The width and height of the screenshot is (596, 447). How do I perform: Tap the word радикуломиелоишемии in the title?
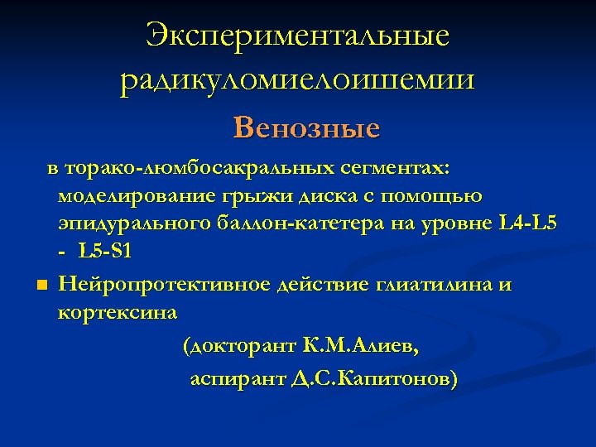pos(297,80)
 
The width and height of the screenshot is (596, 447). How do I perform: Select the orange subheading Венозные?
pos(306,127)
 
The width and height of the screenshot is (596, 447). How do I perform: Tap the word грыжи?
pos(246,196)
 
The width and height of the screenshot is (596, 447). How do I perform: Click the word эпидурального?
pos(132,223)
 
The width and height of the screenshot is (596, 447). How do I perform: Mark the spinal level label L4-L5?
pos(530,223)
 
